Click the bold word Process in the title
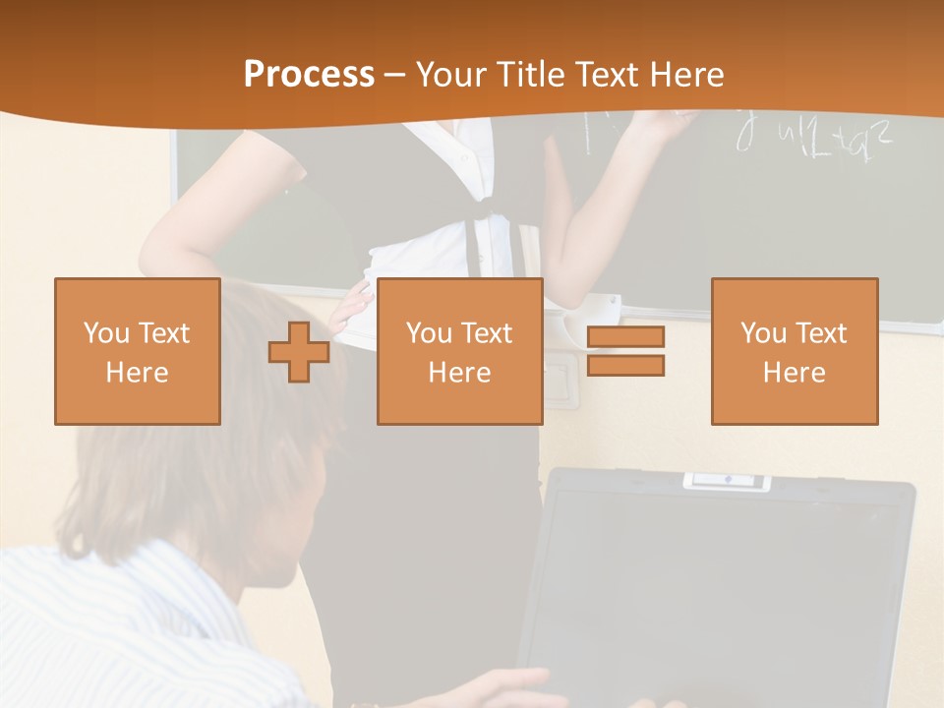[x=309, y=75]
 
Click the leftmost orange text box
[x=137, y=351]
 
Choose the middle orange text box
[x=459, y=351]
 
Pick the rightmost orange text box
[x=794, y=351]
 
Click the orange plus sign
[x=299, y=352]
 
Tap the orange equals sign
[x=625, y=351]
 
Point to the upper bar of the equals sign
[x=625, y=337]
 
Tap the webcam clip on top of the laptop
[x=727, y=480]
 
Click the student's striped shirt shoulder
[x=118, y=610]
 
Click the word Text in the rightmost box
[x=823, y=333]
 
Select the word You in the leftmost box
[x=104, y=333]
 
